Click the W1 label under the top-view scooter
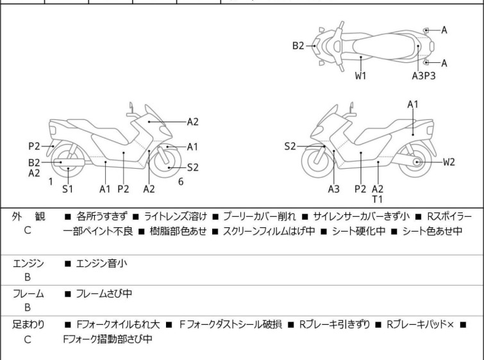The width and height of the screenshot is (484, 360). [x=361, y=75]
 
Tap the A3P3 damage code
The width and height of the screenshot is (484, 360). [x=425, y=75]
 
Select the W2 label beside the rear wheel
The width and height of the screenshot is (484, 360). [x=449, y=162]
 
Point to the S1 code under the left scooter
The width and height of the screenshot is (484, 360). [x=67, y=189]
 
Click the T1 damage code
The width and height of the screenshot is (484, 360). [x=378, y=200]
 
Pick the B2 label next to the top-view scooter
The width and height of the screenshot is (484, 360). [x=299, y=46]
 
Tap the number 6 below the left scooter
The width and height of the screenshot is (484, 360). [x=181, y=182]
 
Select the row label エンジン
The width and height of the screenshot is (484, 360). [x=27, y=263]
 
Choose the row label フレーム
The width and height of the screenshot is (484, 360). [x=27, y=294]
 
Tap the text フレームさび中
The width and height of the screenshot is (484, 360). [x=104, y=294]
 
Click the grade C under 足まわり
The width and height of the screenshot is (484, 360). [x=27, y=339]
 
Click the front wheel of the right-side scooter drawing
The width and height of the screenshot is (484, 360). [x=318, y=163]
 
